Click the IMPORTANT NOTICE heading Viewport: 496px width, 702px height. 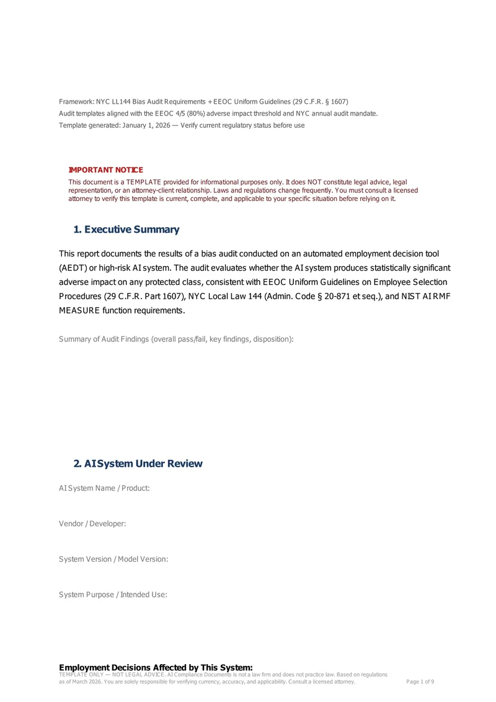coord(105,170)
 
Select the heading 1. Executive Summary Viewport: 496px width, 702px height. coord(126,230)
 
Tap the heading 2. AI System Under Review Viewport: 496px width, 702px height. coord(138,464)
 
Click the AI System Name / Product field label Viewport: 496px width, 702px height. coord(104,488)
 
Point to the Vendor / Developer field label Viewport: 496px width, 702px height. coord(92,524)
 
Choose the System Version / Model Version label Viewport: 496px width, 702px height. coord(113,559)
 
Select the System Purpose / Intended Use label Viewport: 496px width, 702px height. coord(113,595)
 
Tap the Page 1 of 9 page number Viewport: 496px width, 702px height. coord(420,682)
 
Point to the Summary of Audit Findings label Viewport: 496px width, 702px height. coord(176,339)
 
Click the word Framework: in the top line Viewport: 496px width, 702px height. coord(76,101)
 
